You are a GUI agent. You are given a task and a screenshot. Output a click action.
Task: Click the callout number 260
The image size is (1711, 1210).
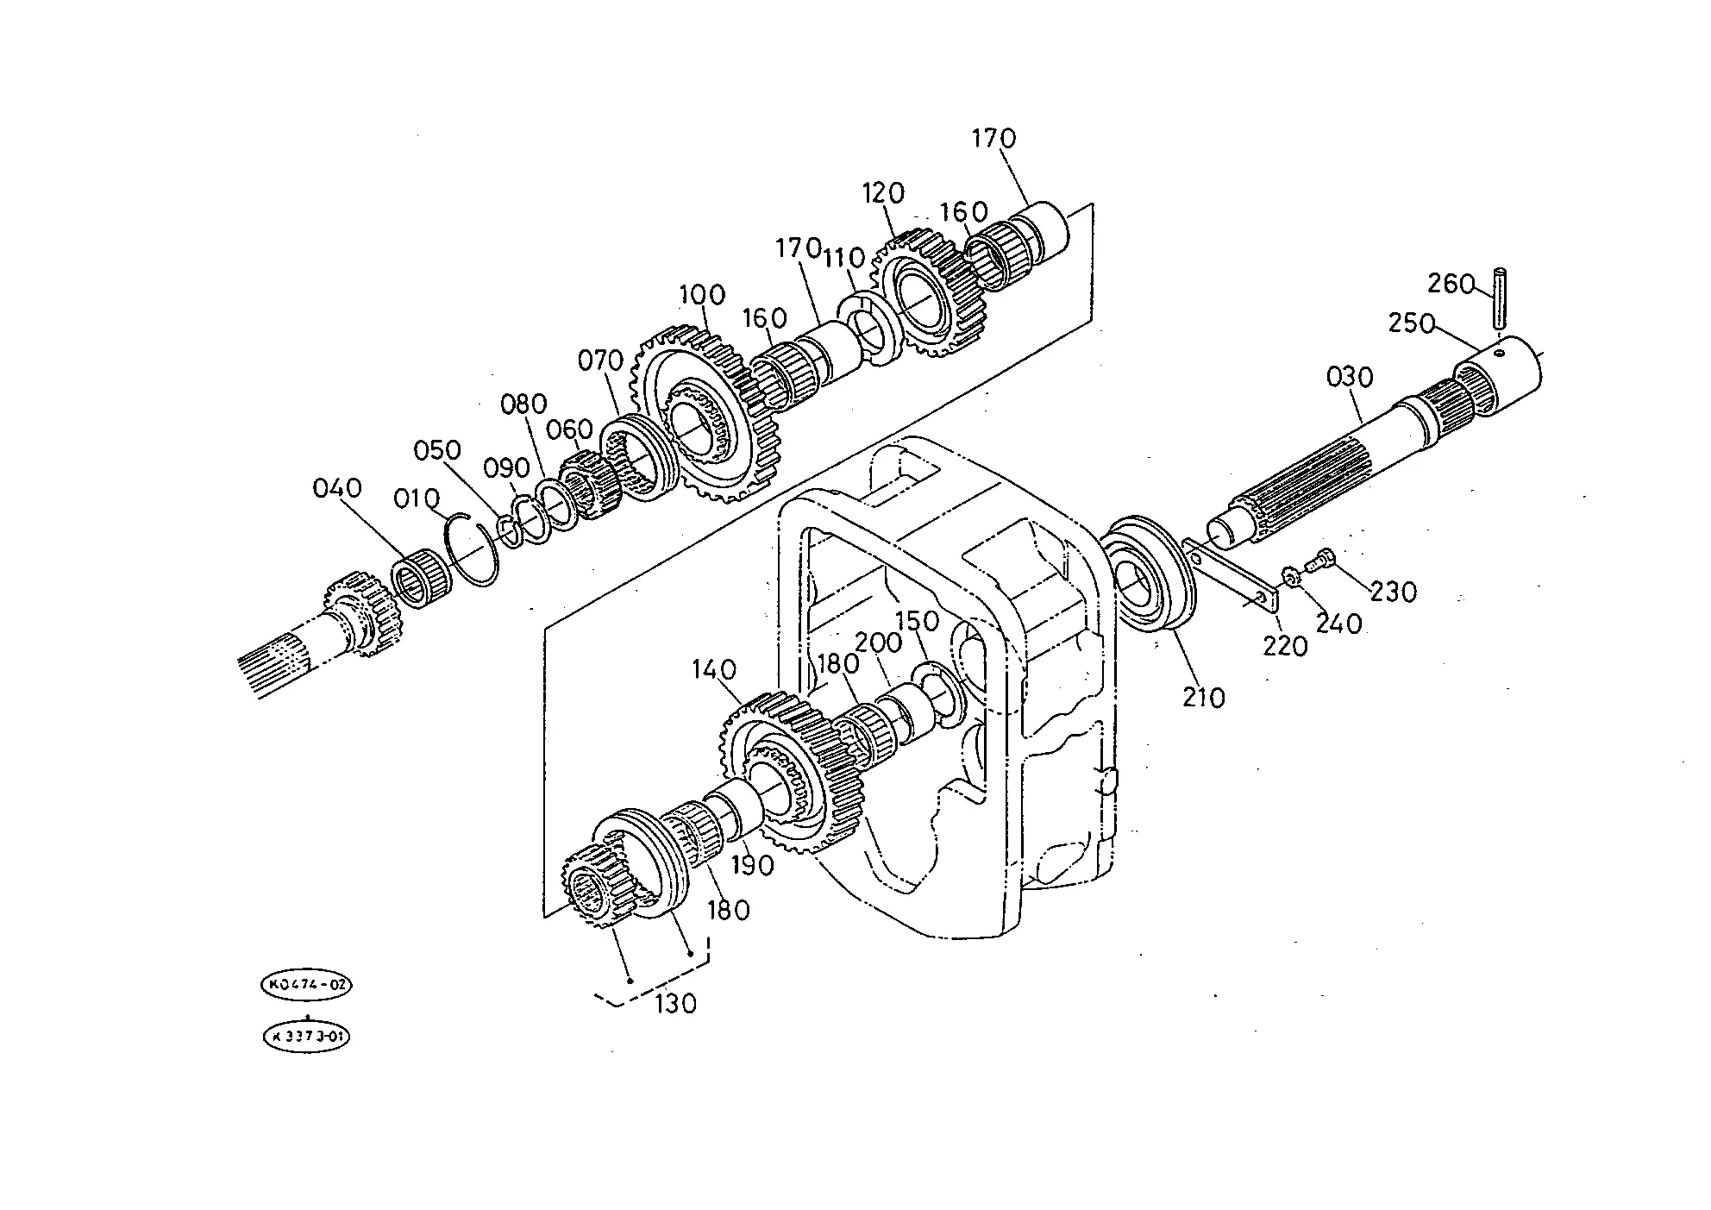pyautogui.click(x=1451, y=284)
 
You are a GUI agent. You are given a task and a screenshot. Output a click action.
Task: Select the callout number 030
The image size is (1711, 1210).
pyautogui.click(x=1350, y=377)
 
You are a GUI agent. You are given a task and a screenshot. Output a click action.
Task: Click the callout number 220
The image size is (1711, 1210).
pyautogui.click(x=1285, y=645)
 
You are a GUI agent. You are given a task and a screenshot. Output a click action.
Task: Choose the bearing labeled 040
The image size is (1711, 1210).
pyautogui.click(x=423, y=577)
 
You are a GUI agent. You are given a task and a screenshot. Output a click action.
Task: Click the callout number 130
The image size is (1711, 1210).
pyautogui.click(x=674, y=1004)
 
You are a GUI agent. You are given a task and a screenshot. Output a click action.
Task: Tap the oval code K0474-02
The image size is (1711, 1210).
pyautogui.click(x=307, y=985)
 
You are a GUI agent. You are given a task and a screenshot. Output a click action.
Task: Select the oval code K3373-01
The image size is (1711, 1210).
pyautogui.click(x=307, y=1037)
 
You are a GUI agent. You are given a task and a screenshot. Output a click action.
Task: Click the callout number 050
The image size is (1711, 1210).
pyautogui.click(x=436, y=450)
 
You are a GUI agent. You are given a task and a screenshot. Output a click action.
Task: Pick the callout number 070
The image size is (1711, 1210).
pyautogui.click(x=600, y=360)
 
